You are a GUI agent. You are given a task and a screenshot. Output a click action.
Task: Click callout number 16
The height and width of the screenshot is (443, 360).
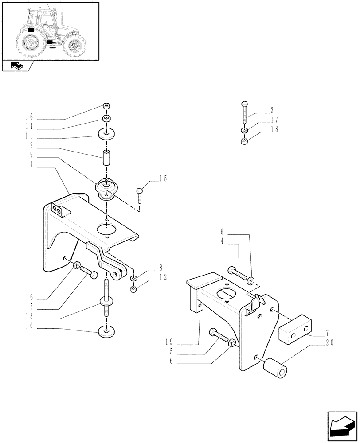coord(29,117)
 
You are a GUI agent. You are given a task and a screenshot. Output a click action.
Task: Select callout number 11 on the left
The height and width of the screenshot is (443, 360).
coord(29,136)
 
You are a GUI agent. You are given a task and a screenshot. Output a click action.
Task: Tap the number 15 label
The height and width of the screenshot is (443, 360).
coord(163,179)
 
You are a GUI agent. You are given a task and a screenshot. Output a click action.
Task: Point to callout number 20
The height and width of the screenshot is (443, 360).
coord(329,342)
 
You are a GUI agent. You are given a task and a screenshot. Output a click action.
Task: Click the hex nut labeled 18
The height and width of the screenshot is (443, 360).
coord(244,142)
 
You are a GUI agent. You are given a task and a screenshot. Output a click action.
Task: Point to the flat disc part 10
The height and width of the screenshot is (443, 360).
coord(106,330)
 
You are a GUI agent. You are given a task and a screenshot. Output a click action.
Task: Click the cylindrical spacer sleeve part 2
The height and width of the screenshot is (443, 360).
coord(106,157)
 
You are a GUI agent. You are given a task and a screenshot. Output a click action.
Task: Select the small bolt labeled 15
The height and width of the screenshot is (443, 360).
coord(140,195)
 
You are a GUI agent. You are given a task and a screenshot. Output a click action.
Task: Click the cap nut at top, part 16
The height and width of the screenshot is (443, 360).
coord(106,106)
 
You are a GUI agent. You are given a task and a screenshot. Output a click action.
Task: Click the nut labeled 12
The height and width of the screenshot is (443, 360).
coord(133,289)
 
